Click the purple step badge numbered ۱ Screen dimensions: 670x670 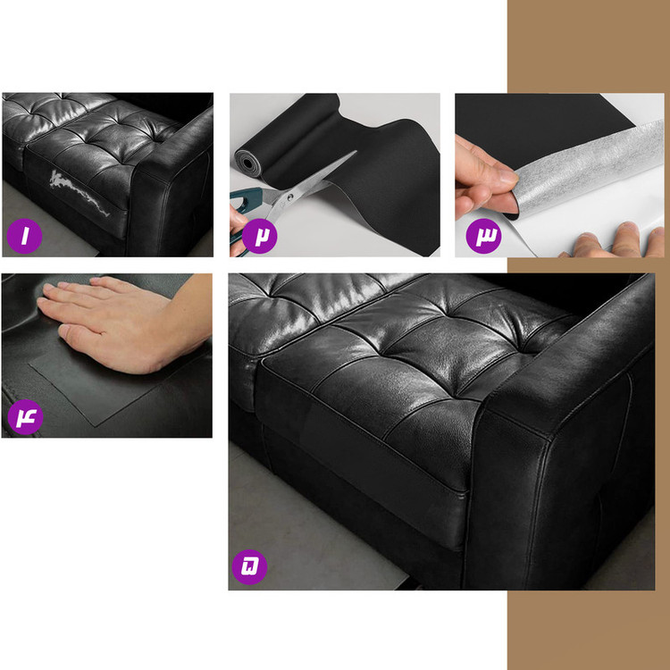[24, 236]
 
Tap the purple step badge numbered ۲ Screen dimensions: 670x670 [259, 236]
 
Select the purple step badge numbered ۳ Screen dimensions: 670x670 [483, 236]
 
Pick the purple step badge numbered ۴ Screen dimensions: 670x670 [25, 416]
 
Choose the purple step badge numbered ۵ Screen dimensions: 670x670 [249, 567]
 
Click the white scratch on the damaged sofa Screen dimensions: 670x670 [79, 192]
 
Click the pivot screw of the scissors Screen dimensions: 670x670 [290, 197]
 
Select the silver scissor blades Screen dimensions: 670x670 [312, 181]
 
